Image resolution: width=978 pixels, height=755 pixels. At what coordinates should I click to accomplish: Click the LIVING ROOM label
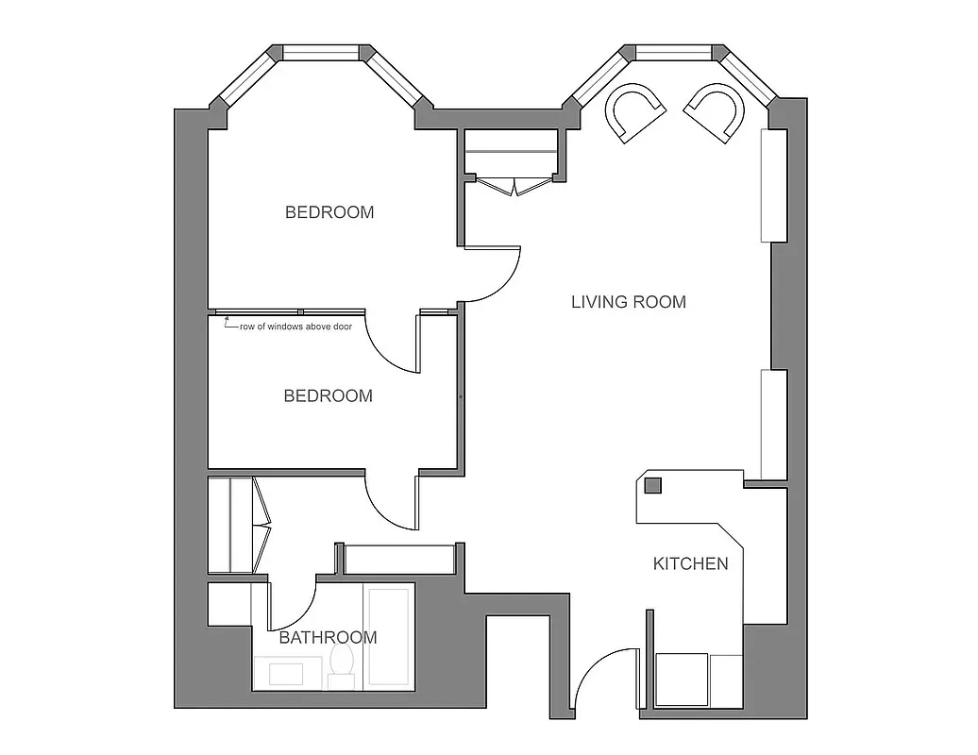(629, 302)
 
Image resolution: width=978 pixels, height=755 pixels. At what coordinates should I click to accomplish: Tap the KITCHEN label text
(690, 563)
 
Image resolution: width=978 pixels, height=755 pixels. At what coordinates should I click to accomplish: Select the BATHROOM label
(328, 637)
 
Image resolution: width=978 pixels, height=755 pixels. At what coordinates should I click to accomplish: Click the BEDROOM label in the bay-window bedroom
(329, 212)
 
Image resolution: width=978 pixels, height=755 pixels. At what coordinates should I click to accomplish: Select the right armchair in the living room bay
(715, 111)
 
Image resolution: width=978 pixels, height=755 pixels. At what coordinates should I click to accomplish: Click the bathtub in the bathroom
(389, 637)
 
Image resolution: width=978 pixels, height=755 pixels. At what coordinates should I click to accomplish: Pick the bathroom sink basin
(286, 674)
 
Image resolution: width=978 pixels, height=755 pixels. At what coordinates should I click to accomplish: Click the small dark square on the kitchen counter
(652, 486)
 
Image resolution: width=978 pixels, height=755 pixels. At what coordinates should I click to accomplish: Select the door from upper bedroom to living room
(492, 274)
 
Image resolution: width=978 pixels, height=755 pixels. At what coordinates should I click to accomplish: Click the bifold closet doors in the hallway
(261, 525)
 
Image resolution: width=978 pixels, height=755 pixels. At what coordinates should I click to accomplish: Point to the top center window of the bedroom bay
(320, 53)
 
